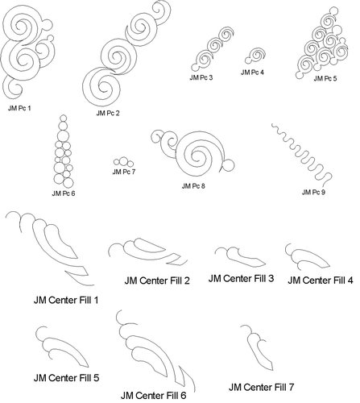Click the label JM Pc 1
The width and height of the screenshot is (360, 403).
19,108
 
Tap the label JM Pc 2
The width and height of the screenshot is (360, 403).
108,113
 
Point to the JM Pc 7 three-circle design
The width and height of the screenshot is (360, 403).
123,162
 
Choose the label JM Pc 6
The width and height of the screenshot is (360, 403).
64,193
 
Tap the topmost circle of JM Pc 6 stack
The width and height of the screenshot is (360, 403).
64,118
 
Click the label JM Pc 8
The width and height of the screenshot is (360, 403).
193,186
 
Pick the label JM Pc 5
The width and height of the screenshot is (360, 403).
325,78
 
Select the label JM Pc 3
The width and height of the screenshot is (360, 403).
201,77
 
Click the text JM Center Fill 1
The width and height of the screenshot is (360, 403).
66,300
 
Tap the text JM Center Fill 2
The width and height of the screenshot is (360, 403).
157,280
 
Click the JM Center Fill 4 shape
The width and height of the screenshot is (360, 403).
308,256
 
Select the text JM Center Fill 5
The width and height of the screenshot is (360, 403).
67,378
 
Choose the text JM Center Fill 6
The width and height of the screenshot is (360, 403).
153,396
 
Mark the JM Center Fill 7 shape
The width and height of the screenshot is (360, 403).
258,349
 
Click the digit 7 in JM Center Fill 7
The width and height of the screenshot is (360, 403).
291,387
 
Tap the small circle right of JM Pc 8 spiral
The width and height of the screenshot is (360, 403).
228,164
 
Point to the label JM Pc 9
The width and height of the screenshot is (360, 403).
313,193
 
